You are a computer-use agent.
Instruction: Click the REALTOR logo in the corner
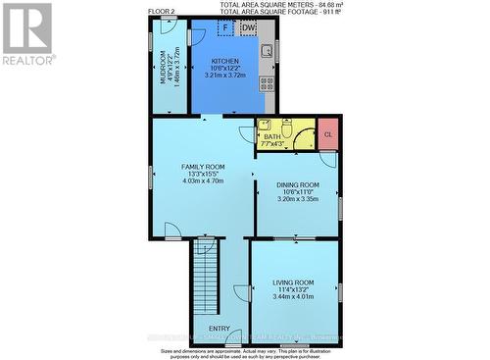27,34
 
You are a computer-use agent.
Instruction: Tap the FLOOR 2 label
162,12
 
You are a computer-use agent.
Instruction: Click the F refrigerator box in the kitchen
224,28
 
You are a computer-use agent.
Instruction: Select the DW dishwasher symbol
248,28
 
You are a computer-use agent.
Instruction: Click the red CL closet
327,134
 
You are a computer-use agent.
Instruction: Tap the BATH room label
271,137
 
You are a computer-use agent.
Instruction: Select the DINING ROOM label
298,184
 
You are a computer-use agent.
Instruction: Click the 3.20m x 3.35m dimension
298,199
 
